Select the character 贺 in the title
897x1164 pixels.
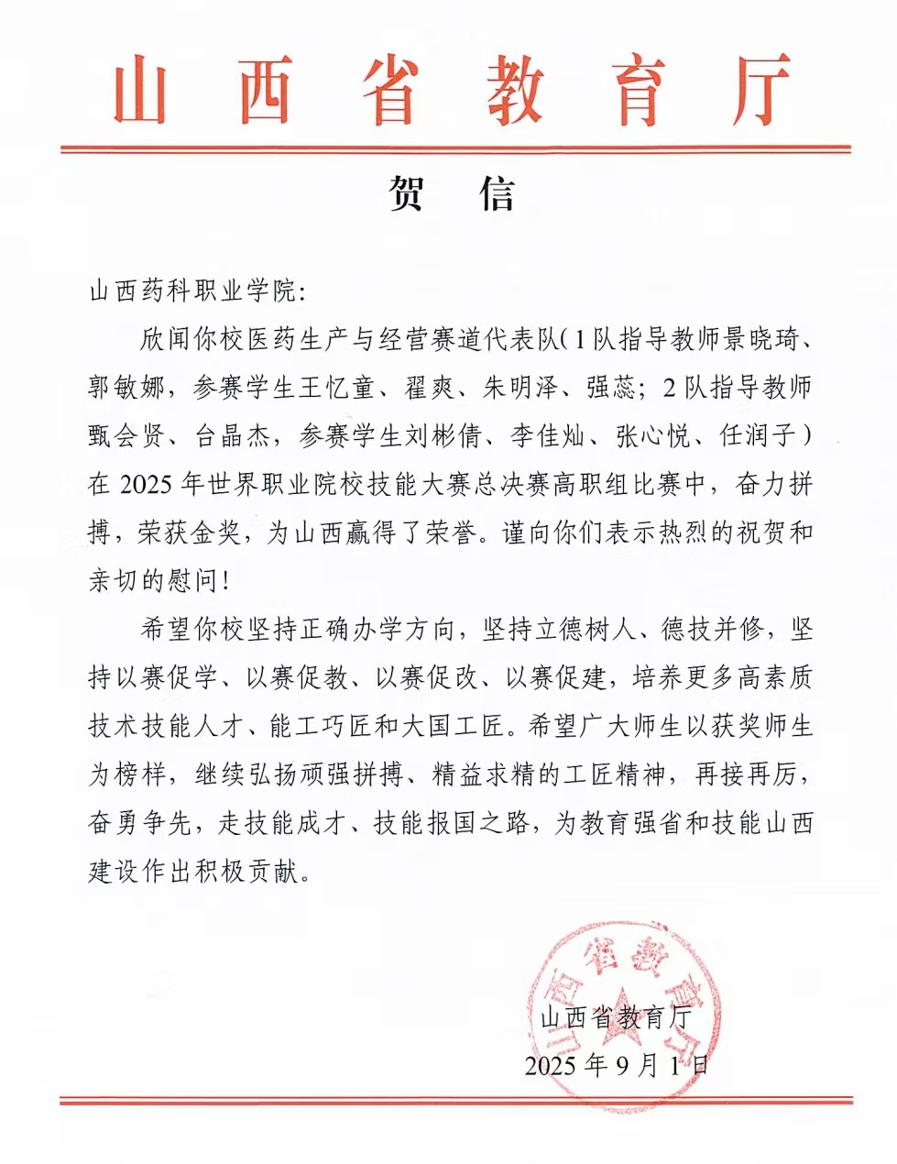click(405, 193)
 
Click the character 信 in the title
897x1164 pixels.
click(496, 193)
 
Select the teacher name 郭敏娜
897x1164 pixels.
click(126, 388)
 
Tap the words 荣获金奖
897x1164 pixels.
click(190, 533)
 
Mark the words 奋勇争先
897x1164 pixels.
click(139, 823)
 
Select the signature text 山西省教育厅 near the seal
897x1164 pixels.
click(615, 1017)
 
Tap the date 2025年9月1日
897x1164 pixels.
click(617, 1065)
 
